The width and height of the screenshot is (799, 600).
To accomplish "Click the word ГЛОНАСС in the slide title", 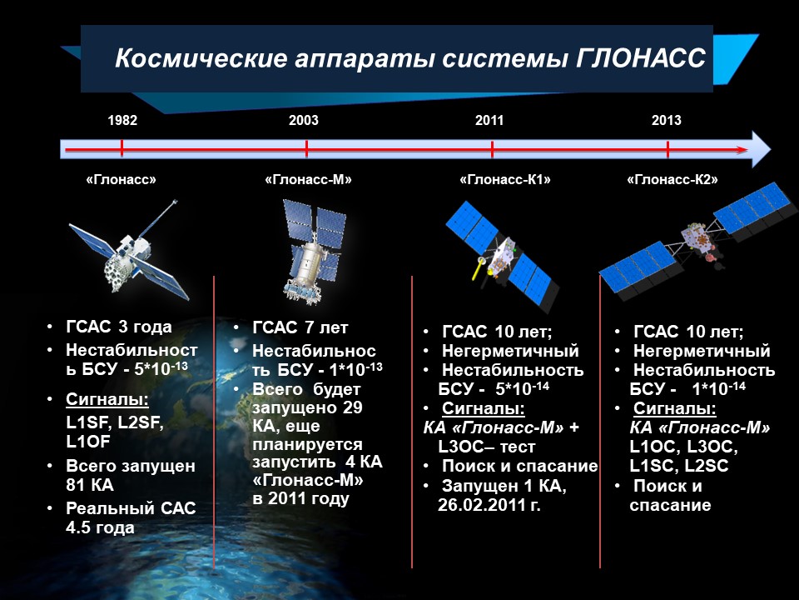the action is pos(641,57).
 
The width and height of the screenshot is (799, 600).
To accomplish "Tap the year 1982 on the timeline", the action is pos(122,120).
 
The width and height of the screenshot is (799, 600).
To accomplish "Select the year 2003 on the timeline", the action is pos(304,120).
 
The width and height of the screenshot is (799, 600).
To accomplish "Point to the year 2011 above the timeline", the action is pos(489,120).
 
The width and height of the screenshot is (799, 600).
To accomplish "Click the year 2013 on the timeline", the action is pos(667,120).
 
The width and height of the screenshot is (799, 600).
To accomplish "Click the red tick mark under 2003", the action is pos(306,148).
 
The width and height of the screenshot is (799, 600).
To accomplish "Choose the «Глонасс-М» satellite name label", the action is pos(308,180).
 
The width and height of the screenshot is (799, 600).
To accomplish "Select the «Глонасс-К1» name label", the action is pos(505,180).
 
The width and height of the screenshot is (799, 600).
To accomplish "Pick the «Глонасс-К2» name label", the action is pos(672,180).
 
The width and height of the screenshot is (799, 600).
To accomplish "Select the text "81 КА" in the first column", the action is pos(90,485).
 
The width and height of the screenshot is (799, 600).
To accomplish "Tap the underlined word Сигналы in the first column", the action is pos(107,399).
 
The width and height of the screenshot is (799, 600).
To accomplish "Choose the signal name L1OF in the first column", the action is pos(88,442).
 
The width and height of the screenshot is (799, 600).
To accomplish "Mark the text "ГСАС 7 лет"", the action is pos(300,327).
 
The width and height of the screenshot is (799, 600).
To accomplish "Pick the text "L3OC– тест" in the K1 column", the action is pos(487,447).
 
